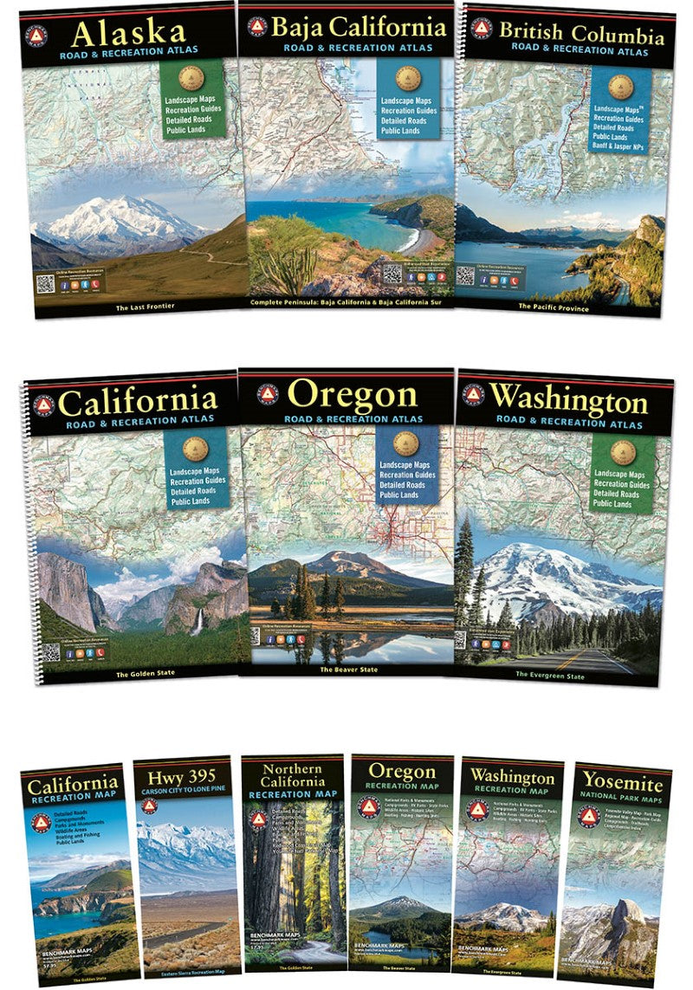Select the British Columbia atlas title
coord(581,34)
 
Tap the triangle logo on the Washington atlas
coord(473,395)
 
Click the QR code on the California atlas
coord(50,650)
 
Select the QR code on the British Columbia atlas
coord(466,275)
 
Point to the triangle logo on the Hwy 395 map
coord(149,806)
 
